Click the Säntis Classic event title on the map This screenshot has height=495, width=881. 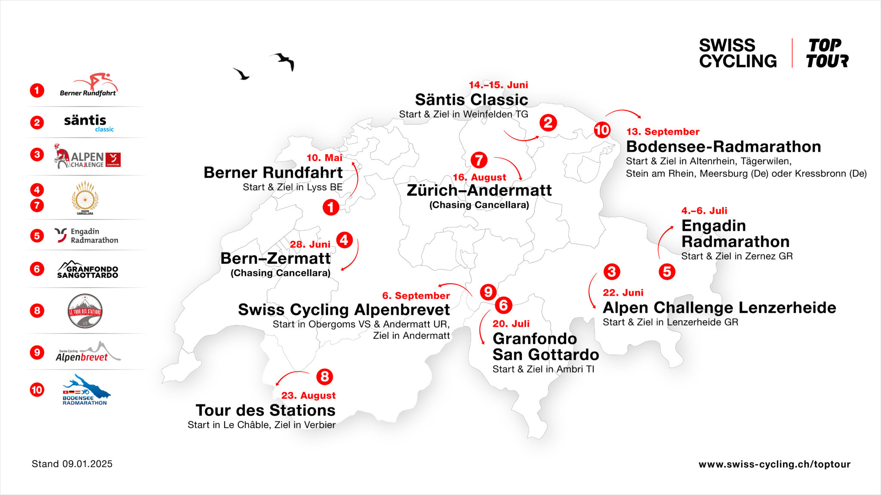471,100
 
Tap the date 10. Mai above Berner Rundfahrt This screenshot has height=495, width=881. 324,158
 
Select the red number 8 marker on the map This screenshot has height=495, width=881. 325,377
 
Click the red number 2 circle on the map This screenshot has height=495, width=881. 548,123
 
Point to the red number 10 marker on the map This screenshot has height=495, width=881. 602,130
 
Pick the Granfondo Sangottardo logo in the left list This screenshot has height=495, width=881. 88,269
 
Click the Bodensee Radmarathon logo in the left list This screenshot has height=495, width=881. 85,391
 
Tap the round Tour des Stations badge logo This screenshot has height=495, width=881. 85,311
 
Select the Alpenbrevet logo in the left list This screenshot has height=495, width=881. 88,352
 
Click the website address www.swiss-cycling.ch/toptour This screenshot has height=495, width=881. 774,464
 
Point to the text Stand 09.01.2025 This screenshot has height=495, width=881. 72,464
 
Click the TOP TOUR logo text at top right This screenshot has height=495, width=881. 827,53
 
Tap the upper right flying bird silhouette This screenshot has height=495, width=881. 284,61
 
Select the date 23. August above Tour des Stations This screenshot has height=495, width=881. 308,395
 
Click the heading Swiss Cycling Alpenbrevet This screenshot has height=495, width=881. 344,310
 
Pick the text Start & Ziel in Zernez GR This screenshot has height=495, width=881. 736,256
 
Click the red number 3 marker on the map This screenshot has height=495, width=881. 611,272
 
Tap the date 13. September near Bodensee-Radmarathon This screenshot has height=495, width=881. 662,132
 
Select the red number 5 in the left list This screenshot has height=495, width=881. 37,235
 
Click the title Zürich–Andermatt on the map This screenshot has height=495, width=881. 479,190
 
